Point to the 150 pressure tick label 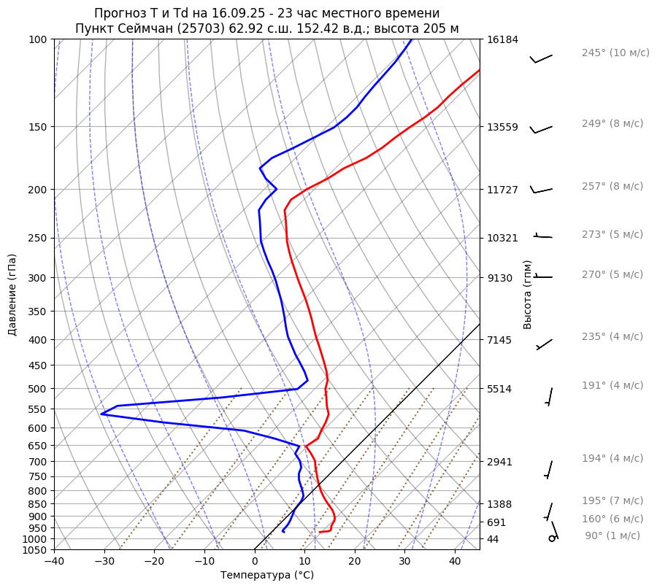39,127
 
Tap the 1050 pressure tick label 36,550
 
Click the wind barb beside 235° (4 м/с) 545,344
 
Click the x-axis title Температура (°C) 267,575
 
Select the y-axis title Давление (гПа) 12,295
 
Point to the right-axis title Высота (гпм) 527,295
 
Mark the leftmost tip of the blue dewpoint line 101,414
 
